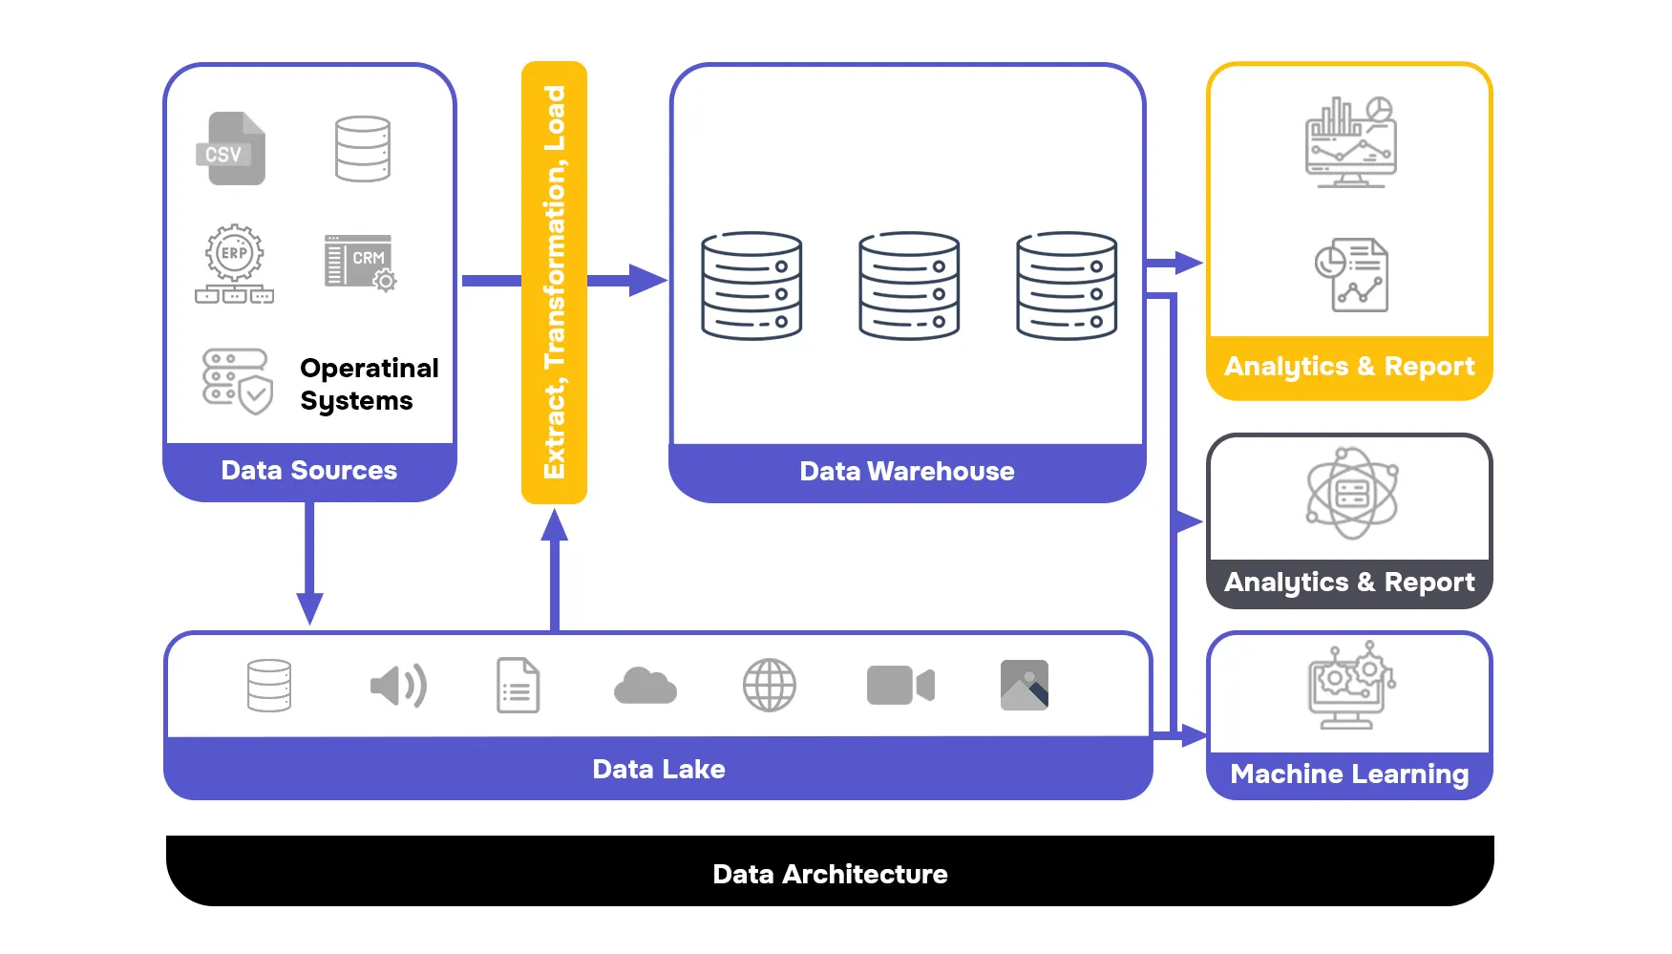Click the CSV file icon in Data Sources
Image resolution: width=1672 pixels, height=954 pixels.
pos(230,149)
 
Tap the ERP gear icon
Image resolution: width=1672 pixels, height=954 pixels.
pos(235,253)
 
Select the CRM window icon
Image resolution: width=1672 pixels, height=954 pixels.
pos(360,262)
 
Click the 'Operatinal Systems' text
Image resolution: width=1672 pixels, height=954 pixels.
pos(369,384)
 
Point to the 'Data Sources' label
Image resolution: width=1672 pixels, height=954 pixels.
pos(308,471)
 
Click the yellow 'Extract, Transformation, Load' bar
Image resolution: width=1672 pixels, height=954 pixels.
pos(554,282)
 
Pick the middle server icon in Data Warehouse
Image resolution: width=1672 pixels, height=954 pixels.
pos(908,286)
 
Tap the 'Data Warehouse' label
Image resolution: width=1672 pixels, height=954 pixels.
pos(906,472)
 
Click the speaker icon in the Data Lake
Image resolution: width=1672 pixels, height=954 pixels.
pos(398,686)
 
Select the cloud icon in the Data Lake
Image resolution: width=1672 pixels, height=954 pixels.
pos(646,686)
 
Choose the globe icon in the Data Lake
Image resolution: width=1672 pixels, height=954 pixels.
pos(769,686)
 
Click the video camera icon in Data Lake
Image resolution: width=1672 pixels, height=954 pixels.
pos(899,686)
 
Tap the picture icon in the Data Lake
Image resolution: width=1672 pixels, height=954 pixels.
pos(1024,686)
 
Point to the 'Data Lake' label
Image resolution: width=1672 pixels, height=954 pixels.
pos(658,770)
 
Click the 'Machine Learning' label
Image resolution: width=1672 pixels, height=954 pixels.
pos(1348,774)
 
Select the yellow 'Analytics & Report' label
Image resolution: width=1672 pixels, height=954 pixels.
pos(1348,367)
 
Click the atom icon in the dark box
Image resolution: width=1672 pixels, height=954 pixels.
pos(1352,494)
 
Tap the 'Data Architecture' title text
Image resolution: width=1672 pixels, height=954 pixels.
pos(830,875)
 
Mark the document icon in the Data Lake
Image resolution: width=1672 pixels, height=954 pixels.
pos(518,686)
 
